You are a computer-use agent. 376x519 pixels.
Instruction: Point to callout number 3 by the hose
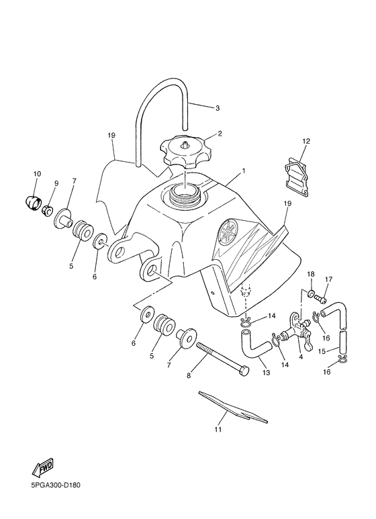click(x=217, y=107)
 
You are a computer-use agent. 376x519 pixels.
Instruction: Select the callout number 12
click(x=305, y=141)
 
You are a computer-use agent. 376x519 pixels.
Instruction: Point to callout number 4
click(x=300, y=357)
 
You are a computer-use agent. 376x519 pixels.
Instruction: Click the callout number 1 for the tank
click(x=243, y=171)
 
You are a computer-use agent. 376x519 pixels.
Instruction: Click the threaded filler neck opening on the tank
click(x=185, y=195)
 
